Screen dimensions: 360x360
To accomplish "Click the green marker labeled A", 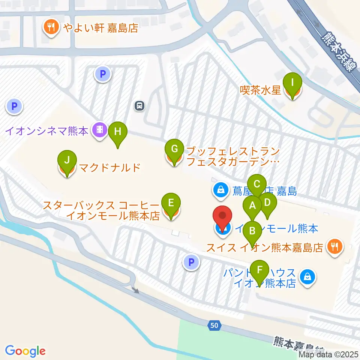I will pos(252,206).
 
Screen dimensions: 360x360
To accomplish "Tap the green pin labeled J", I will pos(67,160).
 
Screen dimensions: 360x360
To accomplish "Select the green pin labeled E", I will pos(171,203).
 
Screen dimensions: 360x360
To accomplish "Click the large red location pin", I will pos(223,217).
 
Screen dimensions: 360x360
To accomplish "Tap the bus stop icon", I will pos(139,106).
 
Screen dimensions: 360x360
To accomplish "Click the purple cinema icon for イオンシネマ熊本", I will pos(100,130).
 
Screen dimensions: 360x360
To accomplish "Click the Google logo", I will pos(25,351).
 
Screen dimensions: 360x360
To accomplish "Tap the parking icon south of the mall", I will pos(191,262).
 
